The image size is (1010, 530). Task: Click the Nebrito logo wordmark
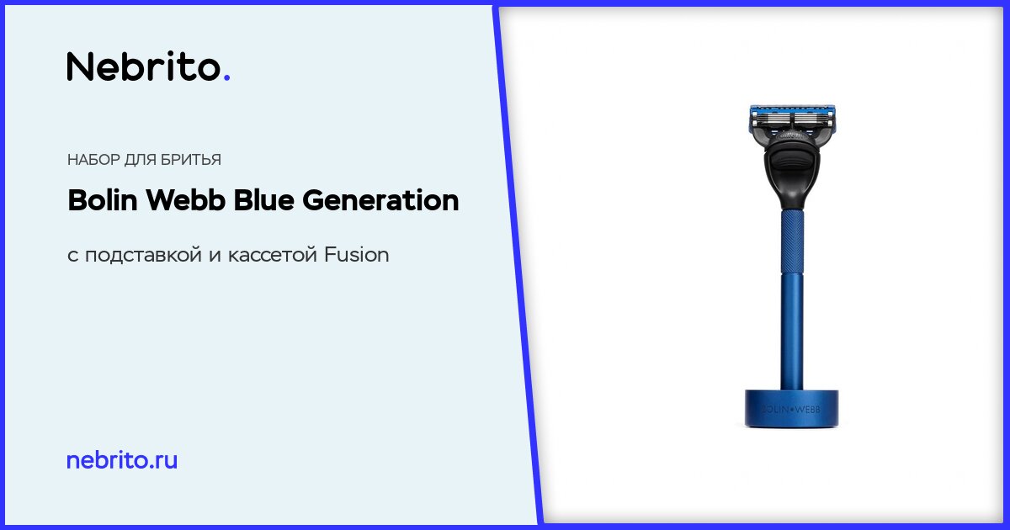(148, 66)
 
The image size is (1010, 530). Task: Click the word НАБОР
(93, 160)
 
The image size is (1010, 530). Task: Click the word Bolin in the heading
(103, 199)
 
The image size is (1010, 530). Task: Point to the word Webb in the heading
(185, 199)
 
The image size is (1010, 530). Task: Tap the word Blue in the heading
(263, 199)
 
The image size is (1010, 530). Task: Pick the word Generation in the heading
(380, 199)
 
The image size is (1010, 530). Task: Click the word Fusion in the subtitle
(357, 255)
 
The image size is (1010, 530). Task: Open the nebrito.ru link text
(122, 460)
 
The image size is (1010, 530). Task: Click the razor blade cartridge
(792, 119)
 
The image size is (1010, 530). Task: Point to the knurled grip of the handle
(792, 241)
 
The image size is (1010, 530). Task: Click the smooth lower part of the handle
(792, 331)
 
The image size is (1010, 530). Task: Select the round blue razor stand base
(791, 409)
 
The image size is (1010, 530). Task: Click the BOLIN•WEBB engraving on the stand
(791, 410)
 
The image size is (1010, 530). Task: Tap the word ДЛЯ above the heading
(140, 160)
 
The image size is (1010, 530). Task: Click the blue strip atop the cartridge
(792, 109)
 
